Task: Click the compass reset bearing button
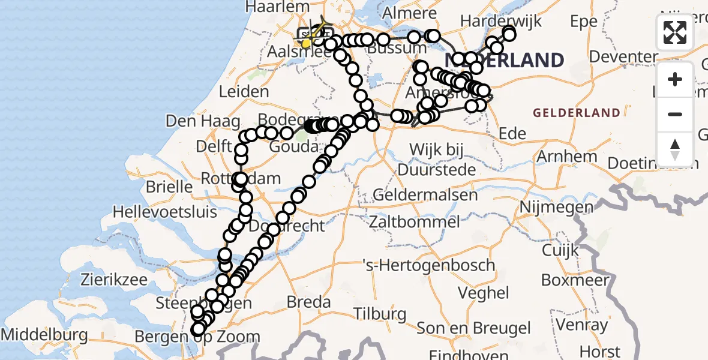tap(675, 149)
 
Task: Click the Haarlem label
tap(276, 6)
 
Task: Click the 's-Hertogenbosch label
tap(428, 265)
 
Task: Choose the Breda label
tap(308, 301)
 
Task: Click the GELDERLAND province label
tap(576, 113)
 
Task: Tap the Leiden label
tap(244, 92)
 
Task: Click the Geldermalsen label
tap(425, 195)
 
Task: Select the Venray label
tap(582, 325)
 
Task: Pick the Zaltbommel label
tap(415, 222)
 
